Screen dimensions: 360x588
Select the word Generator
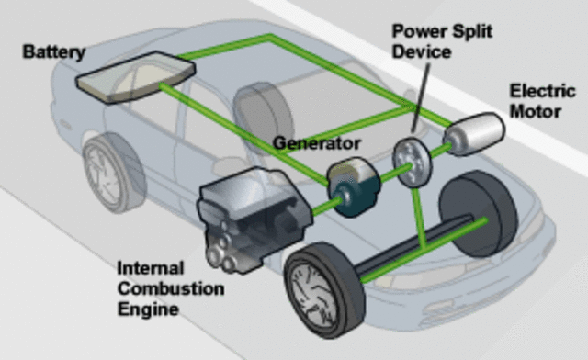(316, 144)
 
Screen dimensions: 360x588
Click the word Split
(472, 32)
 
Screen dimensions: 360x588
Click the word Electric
(542, 91)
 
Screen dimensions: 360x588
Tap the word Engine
(146, 309)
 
